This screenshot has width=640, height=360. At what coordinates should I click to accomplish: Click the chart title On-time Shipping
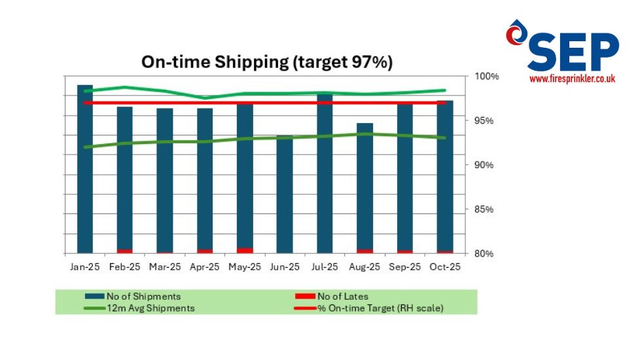267,63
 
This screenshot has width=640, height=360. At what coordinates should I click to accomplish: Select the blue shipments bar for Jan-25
85,170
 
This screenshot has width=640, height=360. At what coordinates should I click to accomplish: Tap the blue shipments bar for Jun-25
285,196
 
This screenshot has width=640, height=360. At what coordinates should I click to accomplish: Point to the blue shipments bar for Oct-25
445,177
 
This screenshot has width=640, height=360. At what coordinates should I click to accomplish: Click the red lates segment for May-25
245,250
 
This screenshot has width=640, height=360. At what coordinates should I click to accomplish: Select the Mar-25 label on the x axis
165,267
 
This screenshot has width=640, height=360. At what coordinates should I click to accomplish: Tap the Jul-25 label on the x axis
325,267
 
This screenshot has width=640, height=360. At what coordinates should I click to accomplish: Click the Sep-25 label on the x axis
405,267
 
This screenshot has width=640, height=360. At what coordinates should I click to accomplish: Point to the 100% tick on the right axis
486,77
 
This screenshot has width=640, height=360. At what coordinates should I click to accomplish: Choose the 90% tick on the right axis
485,165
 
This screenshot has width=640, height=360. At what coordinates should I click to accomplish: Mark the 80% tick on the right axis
485,254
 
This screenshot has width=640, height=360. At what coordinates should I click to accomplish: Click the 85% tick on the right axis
485,209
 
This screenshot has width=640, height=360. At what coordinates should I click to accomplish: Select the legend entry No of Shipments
143,297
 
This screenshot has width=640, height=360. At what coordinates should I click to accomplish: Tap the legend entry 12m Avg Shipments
150,308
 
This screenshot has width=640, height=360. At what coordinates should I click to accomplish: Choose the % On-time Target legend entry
380,308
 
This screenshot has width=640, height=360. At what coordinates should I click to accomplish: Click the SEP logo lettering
573,52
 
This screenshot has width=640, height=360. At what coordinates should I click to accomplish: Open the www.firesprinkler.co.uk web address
573,79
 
